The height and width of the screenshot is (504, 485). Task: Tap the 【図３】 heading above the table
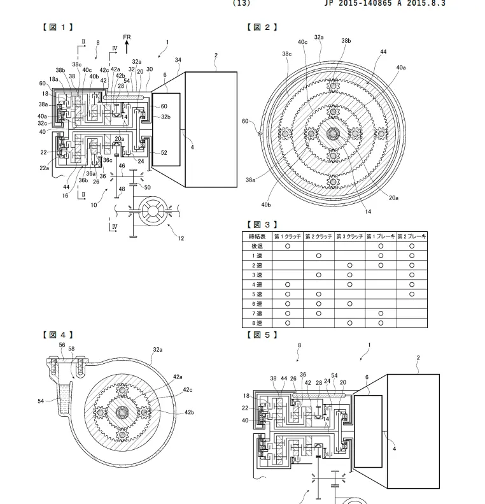click(261, 224)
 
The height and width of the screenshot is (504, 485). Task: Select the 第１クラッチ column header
click(287, 236)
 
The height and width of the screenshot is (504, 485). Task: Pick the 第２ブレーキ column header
click(412, 236)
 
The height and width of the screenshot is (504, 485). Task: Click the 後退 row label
click(257, 245)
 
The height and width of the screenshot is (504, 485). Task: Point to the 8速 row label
click(257, 323)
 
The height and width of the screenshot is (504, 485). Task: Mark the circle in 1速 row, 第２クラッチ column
click(318, 256)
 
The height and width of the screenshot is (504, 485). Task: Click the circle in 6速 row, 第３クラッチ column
click(349, 304)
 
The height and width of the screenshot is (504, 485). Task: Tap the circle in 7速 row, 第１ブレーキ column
click(381, 313)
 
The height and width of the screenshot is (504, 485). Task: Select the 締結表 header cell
click(257, 236)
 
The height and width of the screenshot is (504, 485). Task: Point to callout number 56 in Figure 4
click(62, 345)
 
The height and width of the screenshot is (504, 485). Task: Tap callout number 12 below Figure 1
click(181, 239)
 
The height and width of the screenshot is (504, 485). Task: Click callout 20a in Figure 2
click(394, 198)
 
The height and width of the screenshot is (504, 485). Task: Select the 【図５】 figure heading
click(261, 334)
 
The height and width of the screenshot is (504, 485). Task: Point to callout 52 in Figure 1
click(164, 152)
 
